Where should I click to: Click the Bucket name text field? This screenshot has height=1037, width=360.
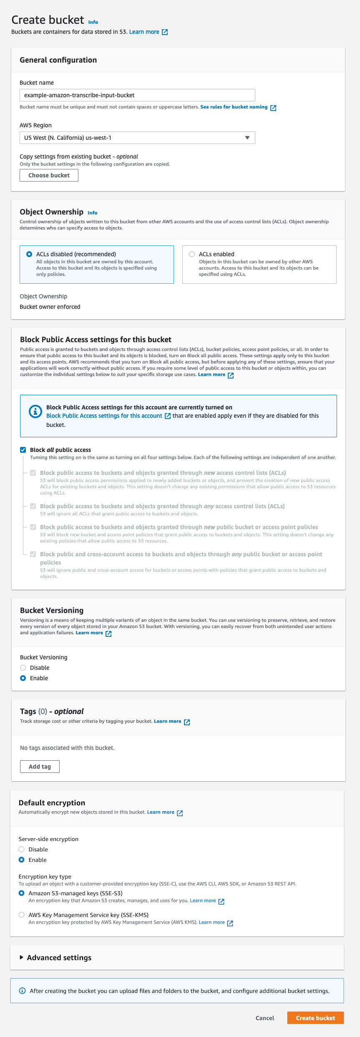pyautogui.click(x=137, y=95)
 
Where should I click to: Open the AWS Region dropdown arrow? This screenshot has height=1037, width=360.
pyautogui.click(x=247, y=138)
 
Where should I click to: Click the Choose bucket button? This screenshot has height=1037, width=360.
pyautogui.click(x=49, y=175)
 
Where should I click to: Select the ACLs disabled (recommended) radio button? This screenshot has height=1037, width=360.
pyautogui.click(x=29, y=254)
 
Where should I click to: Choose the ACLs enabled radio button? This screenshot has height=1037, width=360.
pyautogui.click(x=192, y=254)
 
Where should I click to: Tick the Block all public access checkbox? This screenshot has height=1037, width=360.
pyautogui.click(x=23, y=450)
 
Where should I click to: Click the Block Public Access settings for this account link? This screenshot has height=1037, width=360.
pyautogui.click(x=104, y=416)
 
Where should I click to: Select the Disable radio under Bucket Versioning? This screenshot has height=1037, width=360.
pyautogui.click(x=23, y=668)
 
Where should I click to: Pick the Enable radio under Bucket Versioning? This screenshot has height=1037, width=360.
pyautogui.click(x=23, y=678)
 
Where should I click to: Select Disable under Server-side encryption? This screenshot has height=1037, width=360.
pyautogui.click(x=22, y=849)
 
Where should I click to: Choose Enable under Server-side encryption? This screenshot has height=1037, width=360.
pyautogui.click(x=22, y=860)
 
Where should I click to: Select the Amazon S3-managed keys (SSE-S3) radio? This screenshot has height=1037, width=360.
pyautogui.click(x=22, y=893)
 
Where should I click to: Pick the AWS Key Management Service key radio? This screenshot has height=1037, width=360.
pyautogui.click(x=22, y=915)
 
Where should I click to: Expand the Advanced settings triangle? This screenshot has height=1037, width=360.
pyautogui.click(x=22, y=957)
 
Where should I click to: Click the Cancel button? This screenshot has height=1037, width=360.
pyautogui.click(x=265, y=1018)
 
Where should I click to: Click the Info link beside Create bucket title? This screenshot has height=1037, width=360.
pyautogui.click(x=93, y=22)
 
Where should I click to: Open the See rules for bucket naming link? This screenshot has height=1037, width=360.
pyautogui.click(x=234, y=107)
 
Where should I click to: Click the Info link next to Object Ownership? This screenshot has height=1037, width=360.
pyautogui.click(x=92, y=213)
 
